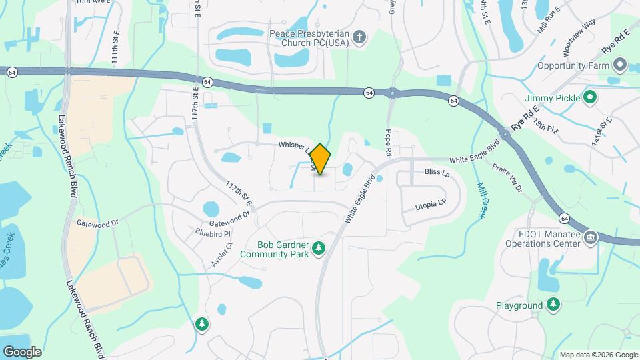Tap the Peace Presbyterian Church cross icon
pyautogui.click(x=359, y=37)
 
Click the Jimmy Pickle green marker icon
pyautogui.click(x=589, y=98)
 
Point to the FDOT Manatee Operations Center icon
pyautogui.click(x=590, y=238)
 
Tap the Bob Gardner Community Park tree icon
pyautogui.click(x=319, y=248)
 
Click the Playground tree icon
pyautogui.click(x=553, y=305)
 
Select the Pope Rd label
pyautogui.click(x=388, y=144)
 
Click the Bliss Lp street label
pyautogui.click(x=437, y=173)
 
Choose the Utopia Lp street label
pyautogui.click(x=430, y=205)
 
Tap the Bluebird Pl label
pyautogui.click(x=213, y=233)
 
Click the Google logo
pyautogui.click(x=22, y=352)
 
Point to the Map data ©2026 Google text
pyautogui.click(x=599, y=355)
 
